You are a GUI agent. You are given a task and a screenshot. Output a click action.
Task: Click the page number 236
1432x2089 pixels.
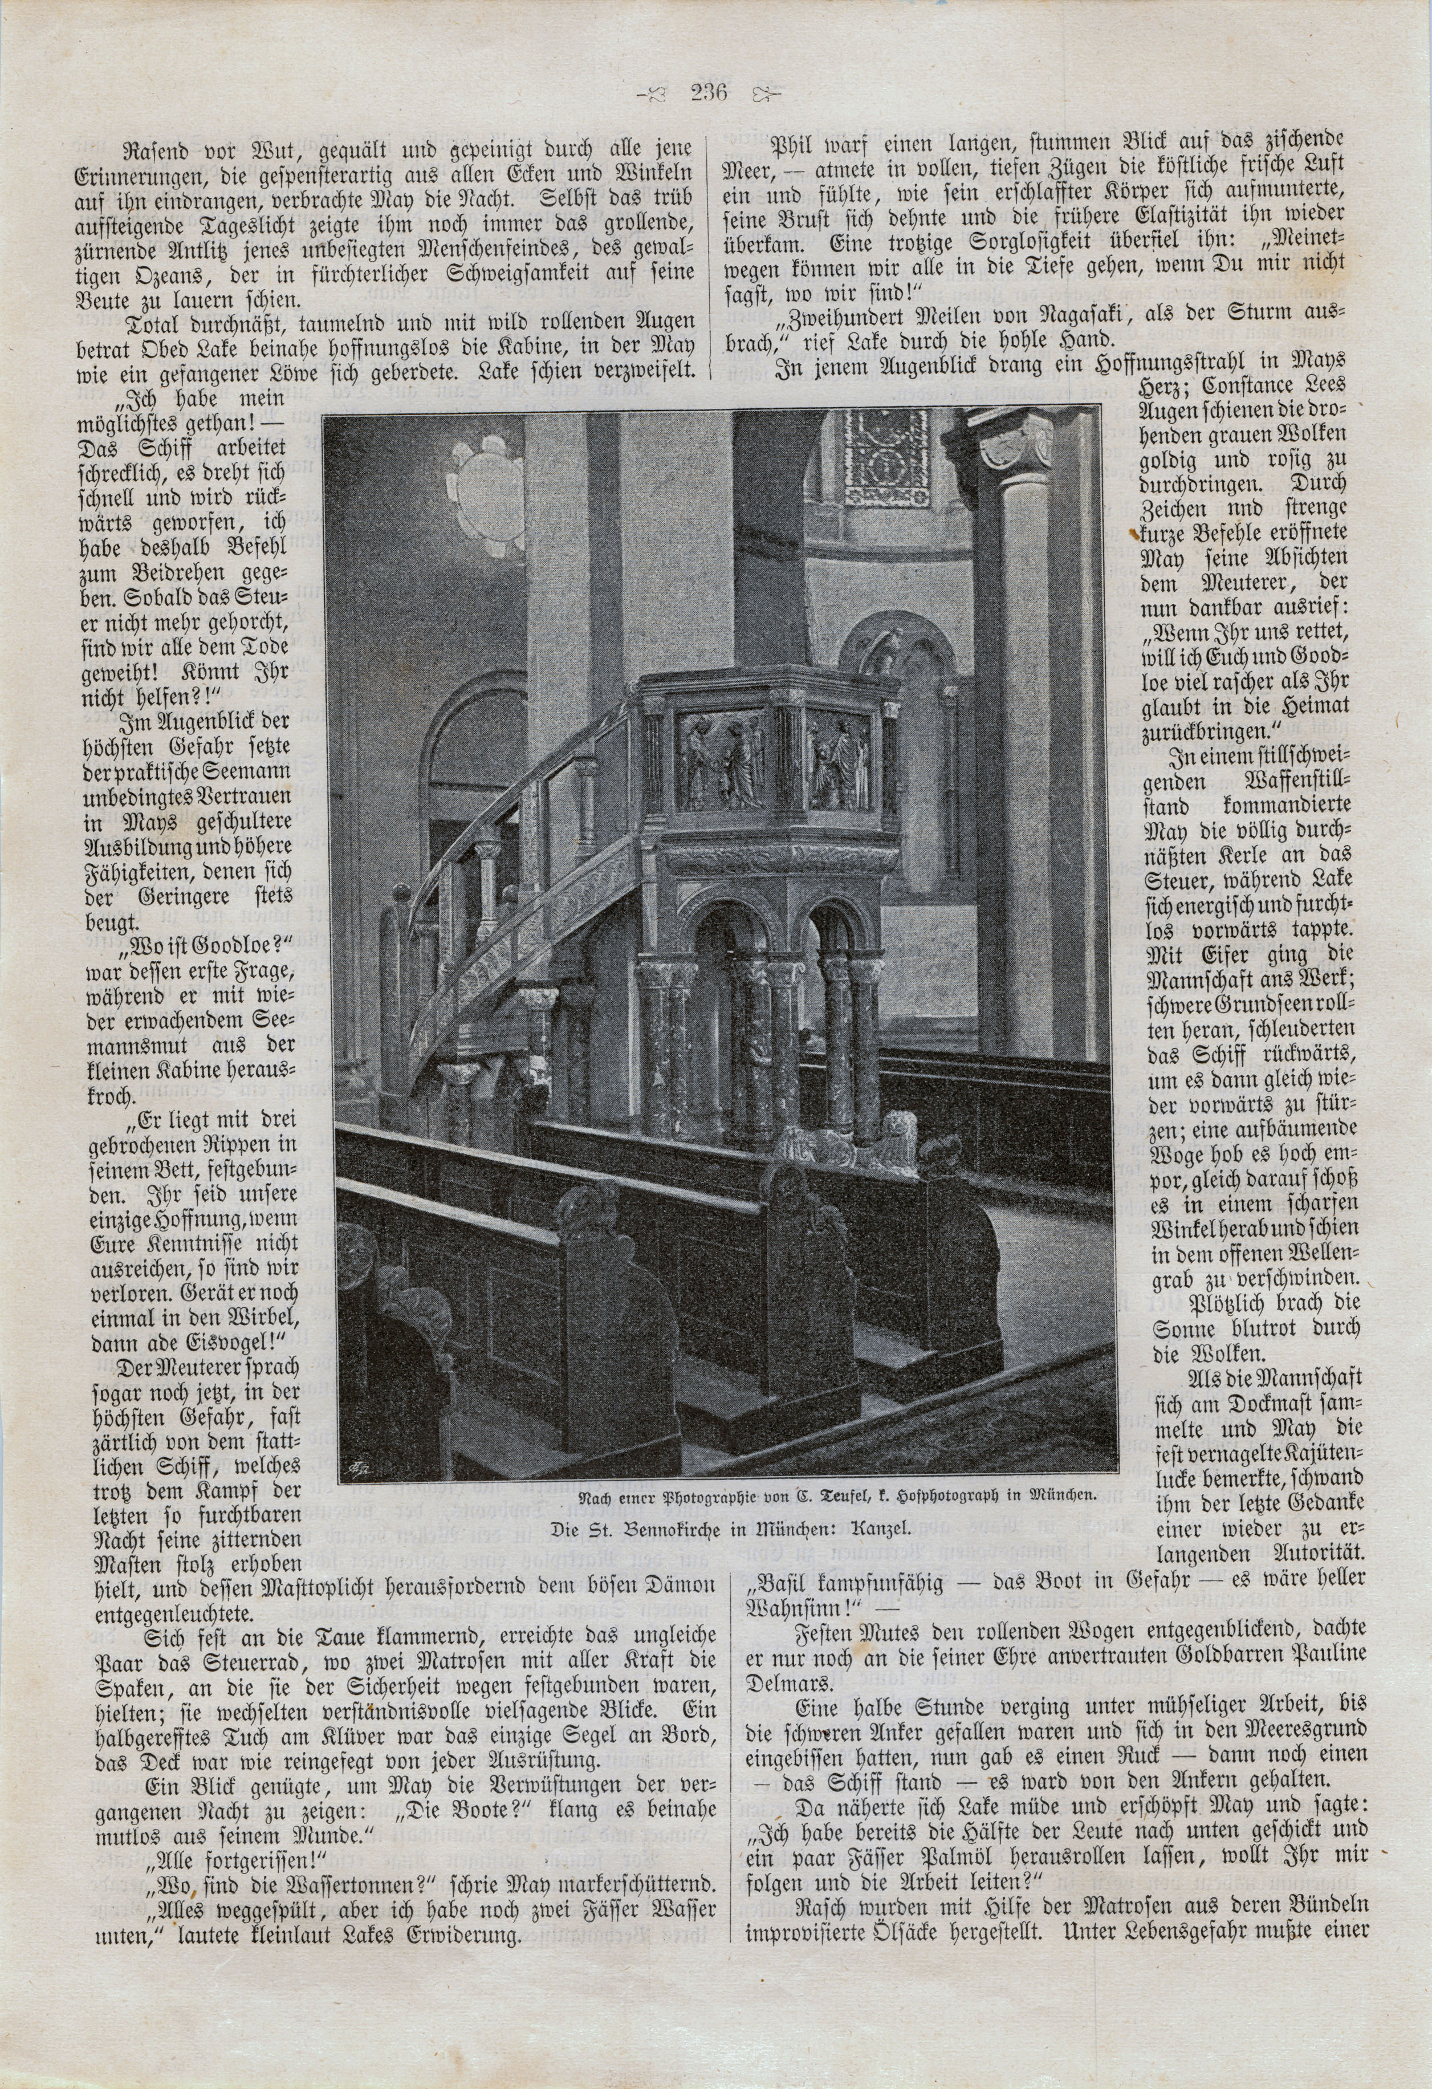pos(709,92)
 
